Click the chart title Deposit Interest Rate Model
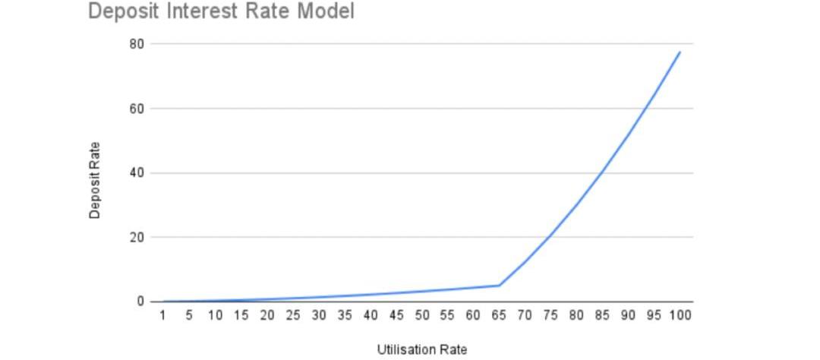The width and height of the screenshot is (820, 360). pyautogui.click(x=221, y=12)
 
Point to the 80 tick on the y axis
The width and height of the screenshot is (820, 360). pyautogui.click(x=137, y=44)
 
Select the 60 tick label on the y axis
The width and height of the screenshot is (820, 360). pyautogui.click(x=137, y=109)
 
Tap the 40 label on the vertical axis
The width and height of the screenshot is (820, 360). pyautogui.click(x=137, y=173)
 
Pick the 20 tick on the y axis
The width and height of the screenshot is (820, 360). pyautogui.click(x=137, y=237)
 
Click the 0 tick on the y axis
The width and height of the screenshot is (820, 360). pyautogui.click(x=140, y=302)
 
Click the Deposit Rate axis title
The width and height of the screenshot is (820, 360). pyautogui.click(x=95, y=181)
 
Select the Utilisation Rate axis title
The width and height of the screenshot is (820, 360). pyautogui.click(x=422, y=349)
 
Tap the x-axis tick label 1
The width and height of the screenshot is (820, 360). pyautogui.click(x=163, y=315)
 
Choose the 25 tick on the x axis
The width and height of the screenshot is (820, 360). pyautogui.click(x=293, y=315)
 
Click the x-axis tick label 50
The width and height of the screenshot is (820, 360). pyautogui.click(x=422, y=315)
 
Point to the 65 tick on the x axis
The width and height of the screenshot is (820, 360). pyautogui.click(x=499, y=315)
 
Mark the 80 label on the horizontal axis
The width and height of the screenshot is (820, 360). pyautogui.click(x=576, y=315)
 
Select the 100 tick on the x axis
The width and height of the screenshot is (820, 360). pyautogui.click(x=680, y=315)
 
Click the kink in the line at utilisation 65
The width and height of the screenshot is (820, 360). pyautogui.click(x=499, y=286)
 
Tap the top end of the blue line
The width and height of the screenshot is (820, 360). pyautogui.click(x=680, y=52)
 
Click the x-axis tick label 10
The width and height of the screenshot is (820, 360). pyautogui.click(x=216, y=315)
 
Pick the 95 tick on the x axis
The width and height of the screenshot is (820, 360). pyautogui.click(x=654, y=315)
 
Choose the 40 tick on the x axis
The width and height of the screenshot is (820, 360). pyautogui.click(x=371, y=315)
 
